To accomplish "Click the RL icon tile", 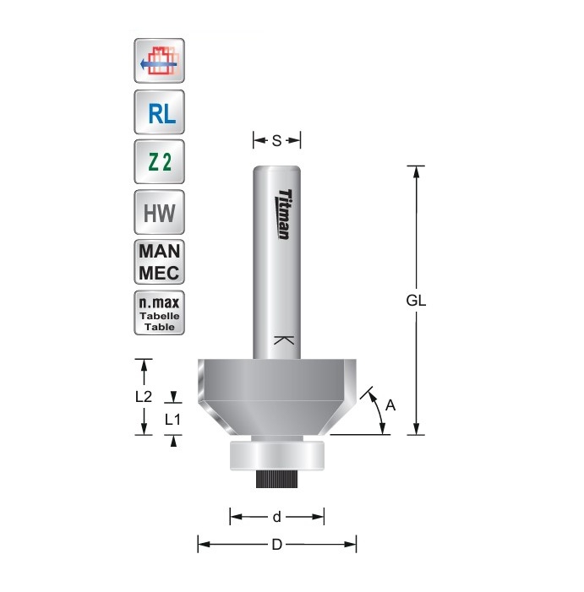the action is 160,112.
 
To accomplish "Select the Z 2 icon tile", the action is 160,161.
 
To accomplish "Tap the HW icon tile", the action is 160,212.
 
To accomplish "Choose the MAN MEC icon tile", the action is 160,262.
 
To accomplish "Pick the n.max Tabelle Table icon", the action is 160,312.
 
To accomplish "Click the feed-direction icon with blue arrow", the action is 160,61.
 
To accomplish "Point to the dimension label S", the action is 276,141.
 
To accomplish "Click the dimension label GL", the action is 416,301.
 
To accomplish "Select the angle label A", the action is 390,405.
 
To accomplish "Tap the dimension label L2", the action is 144,396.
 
